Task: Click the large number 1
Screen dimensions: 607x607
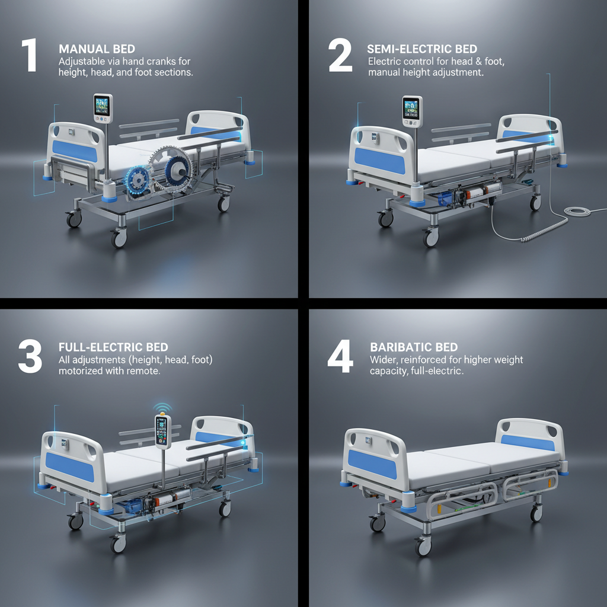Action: [28, 56]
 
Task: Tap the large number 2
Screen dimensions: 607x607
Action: [340, 57]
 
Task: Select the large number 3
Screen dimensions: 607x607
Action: [30, 357]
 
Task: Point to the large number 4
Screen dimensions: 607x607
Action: [341, 357]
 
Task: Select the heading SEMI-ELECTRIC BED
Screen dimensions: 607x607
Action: [422, 49]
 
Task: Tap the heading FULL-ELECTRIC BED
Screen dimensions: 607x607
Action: [113, 347]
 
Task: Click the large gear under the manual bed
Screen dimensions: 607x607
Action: [169, 168]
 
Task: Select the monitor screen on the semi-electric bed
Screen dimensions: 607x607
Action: [410, 109]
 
